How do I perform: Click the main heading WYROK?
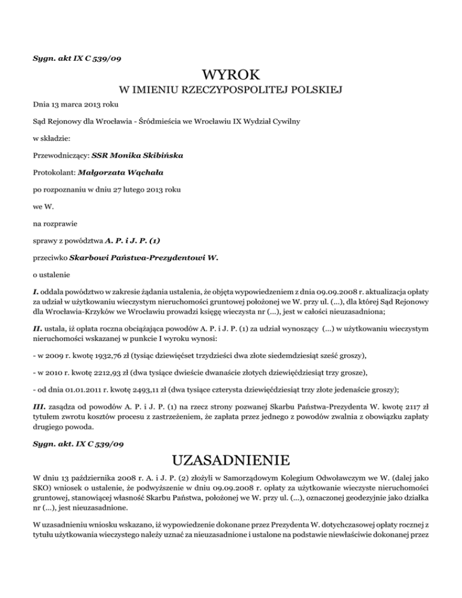click(x=231, y=76)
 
